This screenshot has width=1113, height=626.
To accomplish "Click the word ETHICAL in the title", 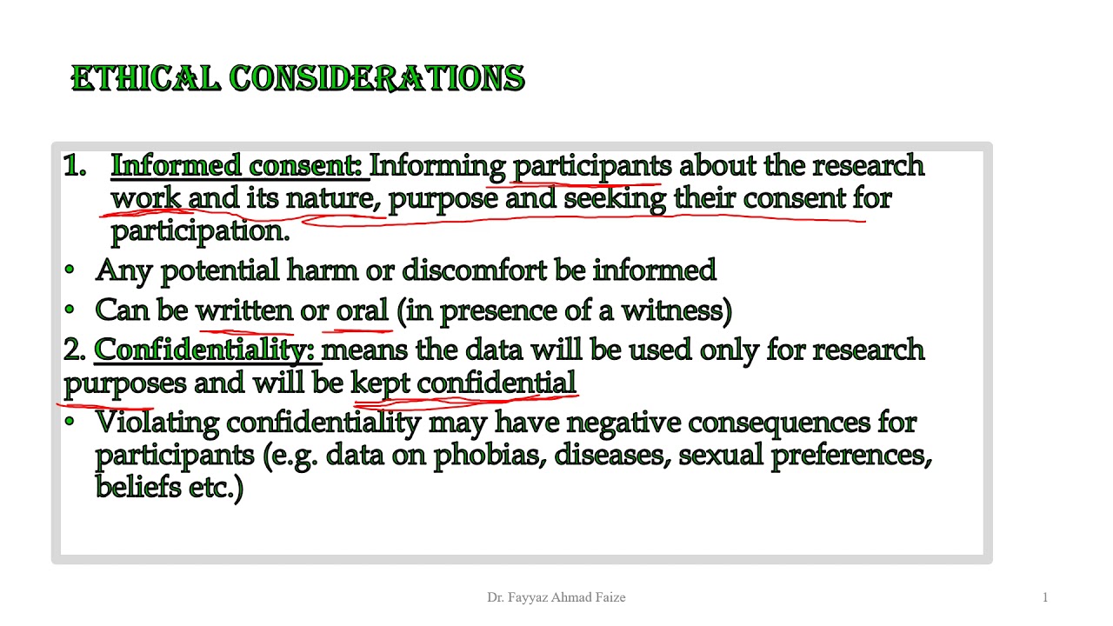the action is pos(145,78).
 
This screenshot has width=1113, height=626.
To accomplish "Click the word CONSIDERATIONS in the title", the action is pos(377,78).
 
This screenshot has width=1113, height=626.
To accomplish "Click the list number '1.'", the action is pos(75,165).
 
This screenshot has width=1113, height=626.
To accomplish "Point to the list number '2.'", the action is pos(75,350).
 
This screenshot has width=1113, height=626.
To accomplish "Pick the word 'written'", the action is pos(244,310).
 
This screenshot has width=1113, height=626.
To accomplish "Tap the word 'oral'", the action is pos(362,310).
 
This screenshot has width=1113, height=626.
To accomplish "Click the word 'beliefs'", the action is pos(137,486).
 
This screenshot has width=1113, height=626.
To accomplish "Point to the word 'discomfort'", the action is pos(474,270).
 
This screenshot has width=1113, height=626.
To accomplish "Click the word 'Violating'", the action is pos(157,423).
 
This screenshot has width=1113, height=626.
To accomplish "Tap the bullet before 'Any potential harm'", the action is pos(70,270).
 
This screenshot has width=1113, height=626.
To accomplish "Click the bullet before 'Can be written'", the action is pos(70,310).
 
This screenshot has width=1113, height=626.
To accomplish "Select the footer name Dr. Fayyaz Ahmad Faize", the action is pos(556,597).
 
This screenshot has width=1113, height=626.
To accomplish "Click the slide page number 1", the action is pos(1045,597).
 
